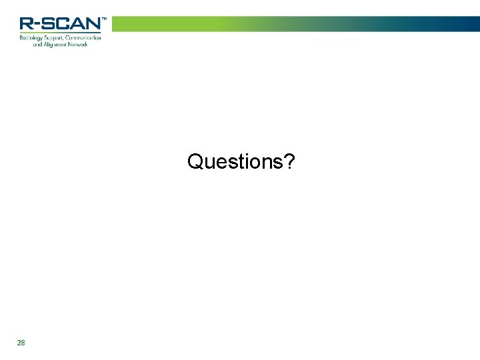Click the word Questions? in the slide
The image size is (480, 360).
[x=241, y=162]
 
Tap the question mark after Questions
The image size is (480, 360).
[x=291, y=161]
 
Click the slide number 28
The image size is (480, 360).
[x=21, y=343]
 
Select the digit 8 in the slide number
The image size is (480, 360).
[x=23, y=343]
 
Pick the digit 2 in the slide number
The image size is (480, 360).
[x=19, y=343]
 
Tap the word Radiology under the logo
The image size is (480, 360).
[x=31, y=38]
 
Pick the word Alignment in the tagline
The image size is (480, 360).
[x=55, y=45]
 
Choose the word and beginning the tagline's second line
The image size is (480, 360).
[x=37, y=45]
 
